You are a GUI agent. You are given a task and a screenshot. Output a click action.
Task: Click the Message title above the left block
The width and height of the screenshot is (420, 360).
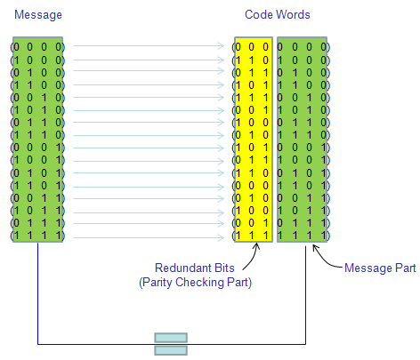click(38, 15)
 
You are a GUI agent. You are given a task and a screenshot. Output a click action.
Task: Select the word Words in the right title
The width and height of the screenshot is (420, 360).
click(293, 14)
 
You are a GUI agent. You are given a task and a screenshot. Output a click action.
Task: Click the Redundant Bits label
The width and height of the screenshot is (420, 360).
click(195, 268)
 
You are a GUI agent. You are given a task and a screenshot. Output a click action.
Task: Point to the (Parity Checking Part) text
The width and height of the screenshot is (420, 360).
click(195, 282)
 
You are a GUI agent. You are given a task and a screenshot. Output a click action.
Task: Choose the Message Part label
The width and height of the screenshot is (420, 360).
click(380, 268)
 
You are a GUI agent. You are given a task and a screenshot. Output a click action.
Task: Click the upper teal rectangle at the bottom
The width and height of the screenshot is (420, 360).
click(171, 338)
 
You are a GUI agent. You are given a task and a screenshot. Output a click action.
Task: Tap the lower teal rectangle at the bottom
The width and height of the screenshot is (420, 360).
click(171, 350)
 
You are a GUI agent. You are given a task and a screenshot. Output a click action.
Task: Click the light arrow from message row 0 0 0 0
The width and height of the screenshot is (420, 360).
click(149, 46)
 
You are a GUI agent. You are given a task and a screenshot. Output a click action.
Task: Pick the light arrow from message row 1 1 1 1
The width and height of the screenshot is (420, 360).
click(149, 237)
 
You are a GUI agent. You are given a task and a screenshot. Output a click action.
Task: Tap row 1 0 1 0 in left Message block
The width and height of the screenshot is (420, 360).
click(37, 110)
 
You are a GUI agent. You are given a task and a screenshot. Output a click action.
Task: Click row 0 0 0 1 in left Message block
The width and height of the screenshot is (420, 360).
click(37, 148)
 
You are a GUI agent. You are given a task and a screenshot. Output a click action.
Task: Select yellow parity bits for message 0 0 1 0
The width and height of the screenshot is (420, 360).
click(252, 98)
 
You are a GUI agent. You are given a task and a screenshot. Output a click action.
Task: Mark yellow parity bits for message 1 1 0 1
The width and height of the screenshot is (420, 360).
click(252, 186)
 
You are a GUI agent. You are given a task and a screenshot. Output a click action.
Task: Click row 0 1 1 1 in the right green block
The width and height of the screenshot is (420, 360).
click(303, 223)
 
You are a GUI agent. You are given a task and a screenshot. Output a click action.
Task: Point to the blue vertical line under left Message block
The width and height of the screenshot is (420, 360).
click(37, 293)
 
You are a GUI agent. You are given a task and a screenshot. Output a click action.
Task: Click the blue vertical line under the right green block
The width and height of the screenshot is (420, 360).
click(305, 295)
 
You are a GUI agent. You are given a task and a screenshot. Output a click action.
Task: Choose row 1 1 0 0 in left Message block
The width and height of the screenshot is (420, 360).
click(37, 85)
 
